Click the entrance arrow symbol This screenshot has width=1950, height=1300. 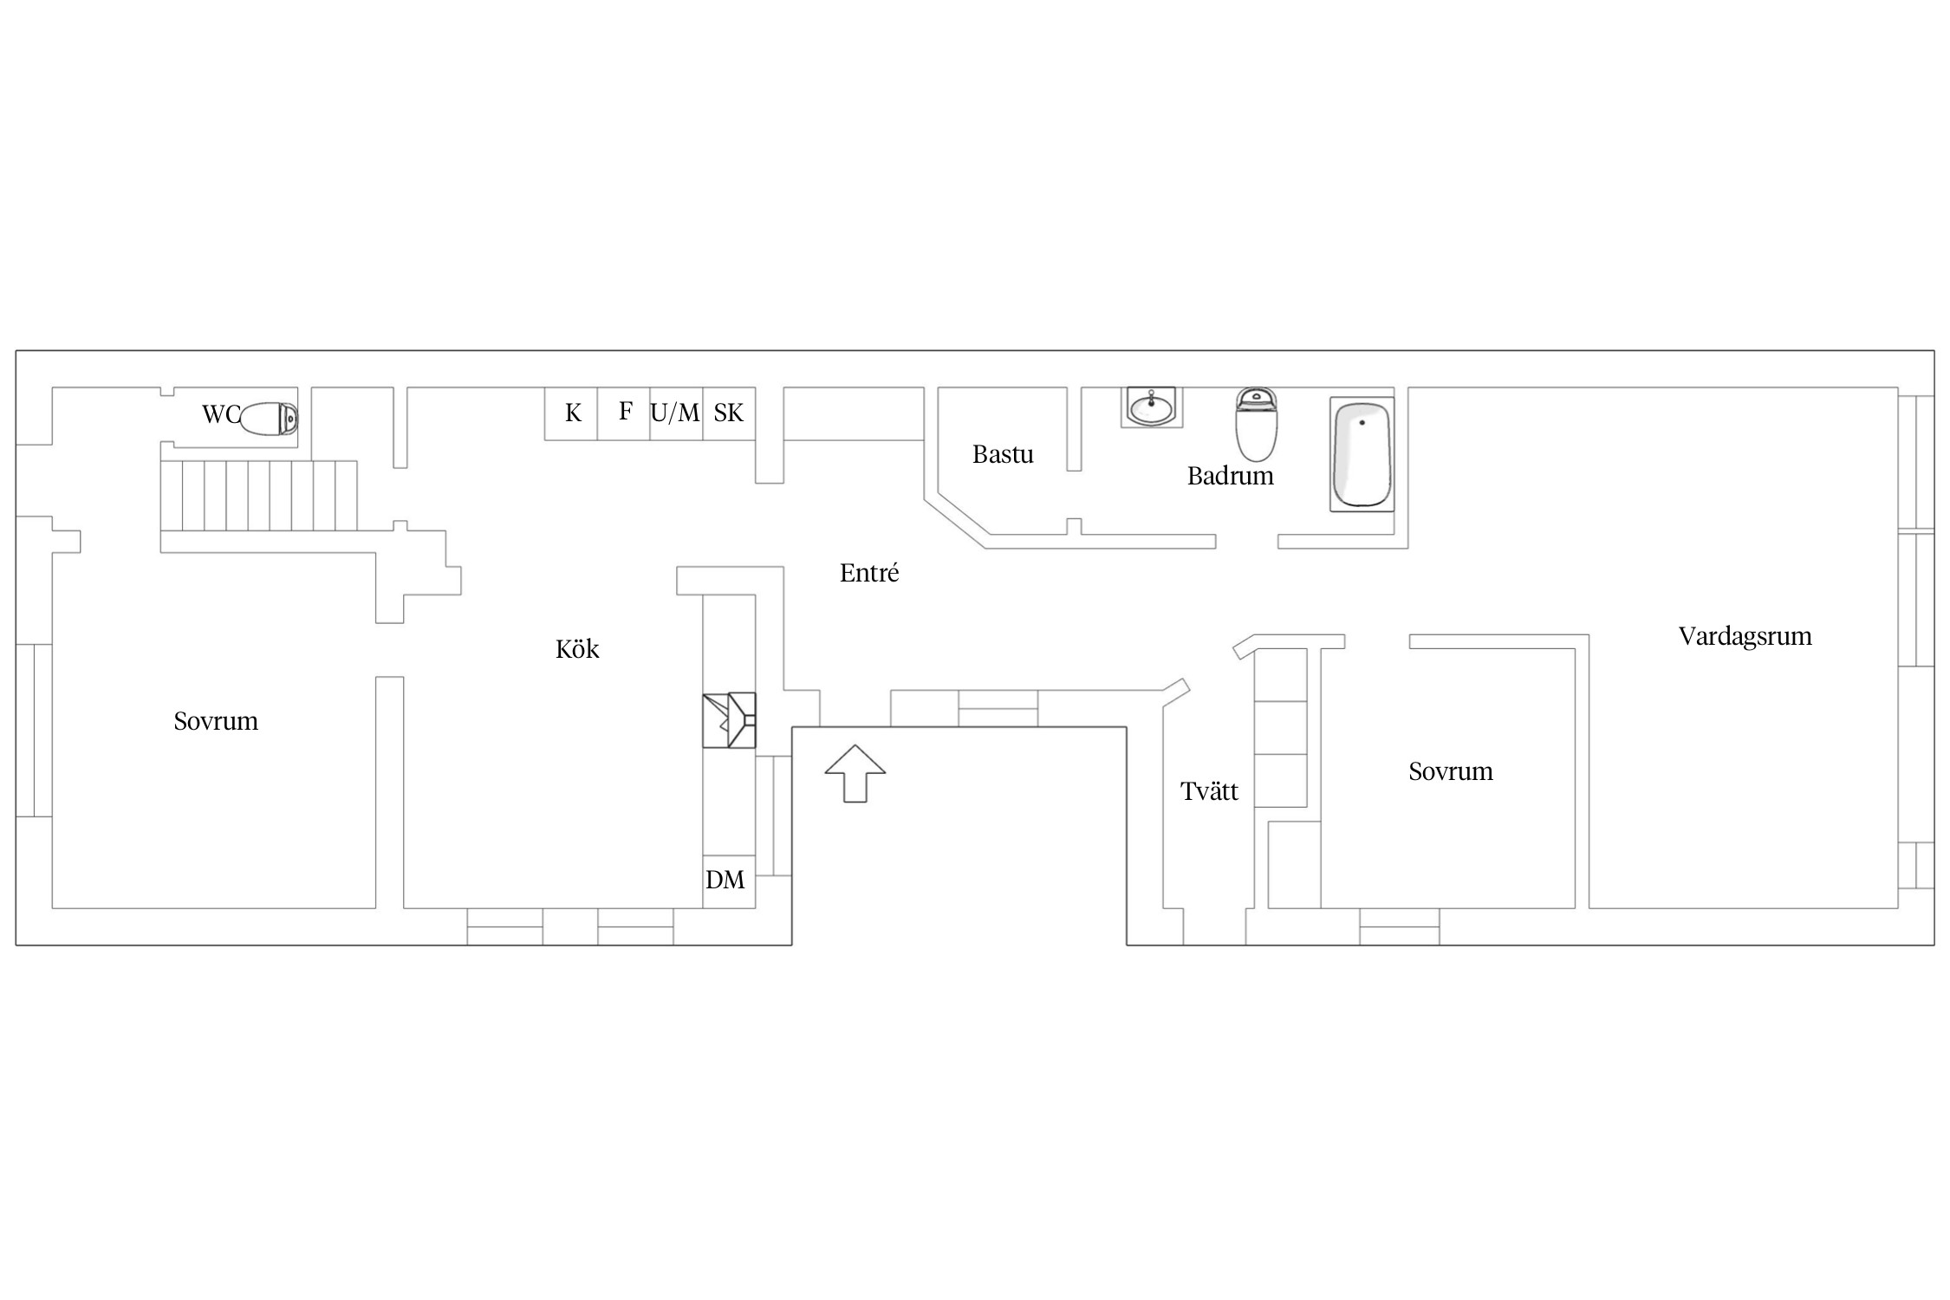click(855, 773)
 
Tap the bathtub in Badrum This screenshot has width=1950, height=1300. click(1362, 454)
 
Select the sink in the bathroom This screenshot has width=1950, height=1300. click(1151, 407)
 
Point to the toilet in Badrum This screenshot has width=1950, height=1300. click(1256, 425)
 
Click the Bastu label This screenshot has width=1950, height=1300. click(1003, 454)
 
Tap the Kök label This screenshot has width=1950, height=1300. click(577, 649)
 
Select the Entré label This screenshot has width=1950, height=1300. click(869, 573)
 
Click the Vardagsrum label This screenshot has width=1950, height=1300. click(1745, 637)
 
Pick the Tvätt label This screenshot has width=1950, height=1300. click(1209, 790)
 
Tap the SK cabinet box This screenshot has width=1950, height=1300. click(729, 413)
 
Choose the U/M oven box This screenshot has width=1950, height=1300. click(676, 413)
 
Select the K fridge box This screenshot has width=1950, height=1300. click(571, 413)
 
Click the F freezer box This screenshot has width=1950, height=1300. click(624, 413)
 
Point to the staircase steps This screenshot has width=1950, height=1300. click(258, 496)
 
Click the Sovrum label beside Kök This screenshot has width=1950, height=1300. click(216, 721)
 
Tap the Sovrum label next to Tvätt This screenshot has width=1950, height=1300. click(1451, 771)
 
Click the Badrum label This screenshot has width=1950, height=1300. click(1231, 476)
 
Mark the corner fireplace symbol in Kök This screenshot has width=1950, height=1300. click(729, 719)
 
